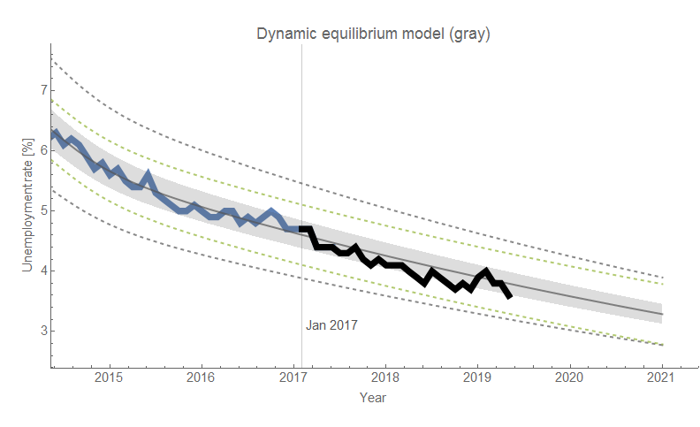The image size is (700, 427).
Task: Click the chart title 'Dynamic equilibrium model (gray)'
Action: tap(373, 34)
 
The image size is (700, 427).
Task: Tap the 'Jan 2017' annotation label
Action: tap(331, 325)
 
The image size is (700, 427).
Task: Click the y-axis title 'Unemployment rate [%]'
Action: tap(27, 206)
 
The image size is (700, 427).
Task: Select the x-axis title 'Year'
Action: tap(372, 399)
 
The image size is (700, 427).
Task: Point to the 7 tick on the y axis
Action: tap(42, 90)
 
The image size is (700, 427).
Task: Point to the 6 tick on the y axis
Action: tap(42, 150)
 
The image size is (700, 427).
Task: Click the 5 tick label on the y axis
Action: tap(42, 210)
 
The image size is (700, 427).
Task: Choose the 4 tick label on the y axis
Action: tap(42, 271)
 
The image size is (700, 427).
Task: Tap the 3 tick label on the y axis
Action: tap(42, 331)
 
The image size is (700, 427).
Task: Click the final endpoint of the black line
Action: tap(509, 296)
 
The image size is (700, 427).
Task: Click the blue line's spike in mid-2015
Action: tap(148, 173)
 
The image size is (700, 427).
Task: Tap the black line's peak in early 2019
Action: tap(486, 271)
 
